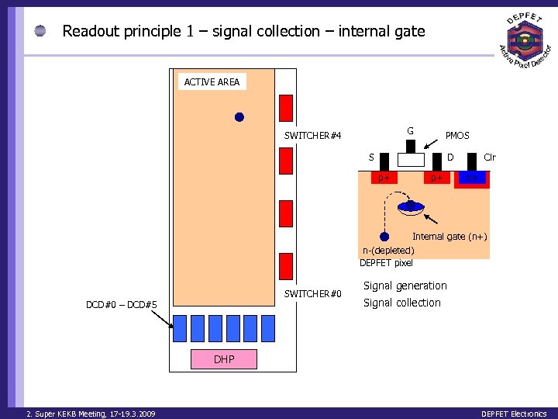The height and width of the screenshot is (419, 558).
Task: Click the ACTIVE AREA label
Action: [x=212, y=81]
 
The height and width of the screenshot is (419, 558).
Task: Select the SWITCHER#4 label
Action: [x=312, y=136]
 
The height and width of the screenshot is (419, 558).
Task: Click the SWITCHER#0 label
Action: [x=312, y=293]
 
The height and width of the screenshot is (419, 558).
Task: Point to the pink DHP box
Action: [x=224, y=358]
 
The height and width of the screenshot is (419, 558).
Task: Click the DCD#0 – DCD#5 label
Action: [x=122, y=305]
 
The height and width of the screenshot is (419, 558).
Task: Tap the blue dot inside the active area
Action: [x=239, y=117]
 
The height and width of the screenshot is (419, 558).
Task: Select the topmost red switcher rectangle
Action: [x=286, y=108]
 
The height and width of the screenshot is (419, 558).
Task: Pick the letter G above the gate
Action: [x=411, y=130]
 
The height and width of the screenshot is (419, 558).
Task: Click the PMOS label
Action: [x=457, y=136]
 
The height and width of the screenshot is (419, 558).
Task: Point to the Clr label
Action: [x=489, y=158]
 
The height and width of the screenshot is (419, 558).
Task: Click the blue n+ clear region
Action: [x=472, y=178]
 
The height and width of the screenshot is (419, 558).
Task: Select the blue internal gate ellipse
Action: [x=410, y=207]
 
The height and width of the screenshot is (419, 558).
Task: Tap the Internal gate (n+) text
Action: [x=449, y=237]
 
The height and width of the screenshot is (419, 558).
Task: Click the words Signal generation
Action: [x=405, y=286]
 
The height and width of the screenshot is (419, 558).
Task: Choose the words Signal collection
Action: [x=402, y=303]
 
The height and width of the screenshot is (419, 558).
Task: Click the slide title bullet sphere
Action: [x=41, y=31]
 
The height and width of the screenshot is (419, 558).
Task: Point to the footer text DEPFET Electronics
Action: [x=514, y=414]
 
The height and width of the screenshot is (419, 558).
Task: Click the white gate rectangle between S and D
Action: [x=411, y=160]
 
